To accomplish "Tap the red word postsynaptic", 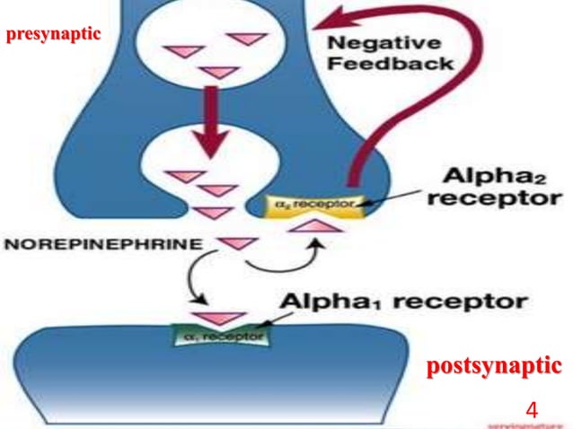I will [494, 366].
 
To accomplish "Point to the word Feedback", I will [389, 65].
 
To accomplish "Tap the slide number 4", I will [532, 410].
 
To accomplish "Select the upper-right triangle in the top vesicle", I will [242, 39].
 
